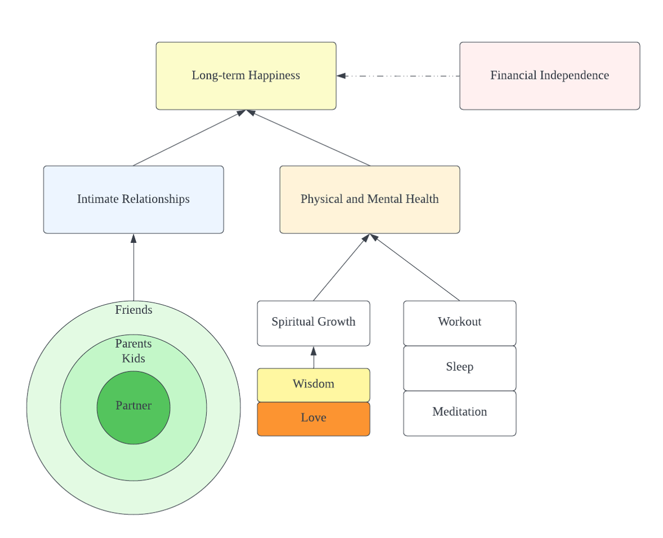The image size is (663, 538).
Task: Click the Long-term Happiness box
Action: point(246,75)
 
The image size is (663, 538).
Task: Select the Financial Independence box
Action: point(550,75)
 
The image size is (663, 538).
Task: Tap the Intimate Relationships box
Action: point(134,199)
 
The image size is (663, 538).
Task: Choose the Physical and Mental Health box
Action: point(370,199)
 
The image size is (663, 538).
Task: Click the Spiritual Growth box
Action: point(314,323)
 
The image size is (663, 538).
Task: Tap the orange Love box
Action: point(314,419)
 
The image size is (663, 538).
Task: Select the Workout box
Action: point(460,323)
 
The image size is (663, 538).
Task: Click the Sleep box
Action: point(460,368)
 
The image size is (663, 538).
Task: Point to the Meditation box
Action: point(460,413)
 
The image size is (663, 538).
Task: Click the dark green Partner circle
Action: point(134,408)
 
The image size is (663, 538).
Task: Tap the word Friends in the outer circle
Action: point(134,310)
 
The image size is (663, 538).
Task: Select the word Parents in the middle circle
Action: point(134,344)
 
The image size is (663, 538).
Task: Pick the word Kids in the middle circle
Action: point(134,359)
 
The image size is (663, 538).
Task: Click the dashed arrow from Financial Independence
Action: point(398,76)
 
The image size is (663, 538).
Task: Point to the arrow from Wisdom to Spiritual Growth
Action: point(314,357)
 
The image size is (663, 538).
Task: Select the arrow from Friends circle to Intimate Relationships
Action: point(134,267)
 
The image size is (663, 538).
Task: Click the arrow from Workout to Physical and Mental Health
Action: point(415,267)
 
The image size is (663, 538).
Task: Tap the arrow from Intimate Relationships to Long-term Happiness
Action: point(189,138)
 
